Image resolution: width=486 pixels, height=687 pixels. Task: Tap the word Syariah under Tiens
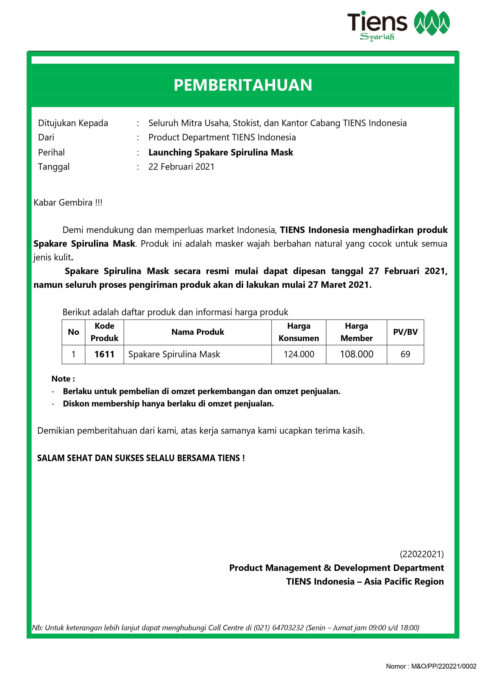377,37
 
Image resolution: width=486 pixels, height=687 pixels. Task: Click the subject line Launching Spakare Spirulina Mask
221,152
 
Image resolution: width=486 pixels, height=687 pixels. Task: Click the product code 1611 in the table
104,354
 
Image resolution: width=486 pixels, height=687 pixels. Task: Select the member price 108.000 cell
356,354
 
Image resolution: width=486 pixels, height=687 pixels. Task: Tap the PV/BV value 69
405,354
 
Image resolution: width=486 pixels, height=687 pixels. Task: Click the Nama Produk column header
198,332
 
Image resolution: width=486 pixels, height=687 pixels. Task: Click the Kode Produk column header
104,332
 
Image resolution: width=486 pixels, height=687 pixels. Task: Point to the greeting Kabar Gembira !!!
68,203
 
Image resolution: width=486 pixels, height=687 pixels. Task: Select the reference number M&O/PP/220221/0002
443,666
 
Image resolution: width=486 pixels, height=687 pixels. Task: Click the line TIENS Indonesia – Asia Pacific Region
365,581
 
